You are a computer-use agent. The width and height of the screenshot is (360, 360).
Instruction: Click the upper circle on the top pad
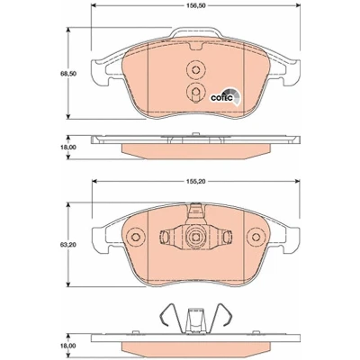[195, 70]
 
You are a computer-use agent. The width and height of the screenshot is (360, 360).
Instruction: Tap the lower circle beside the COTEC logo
[195, 91]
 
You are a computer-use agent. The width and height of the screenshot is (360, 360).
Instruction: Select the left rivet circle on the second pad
[136, 237]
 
